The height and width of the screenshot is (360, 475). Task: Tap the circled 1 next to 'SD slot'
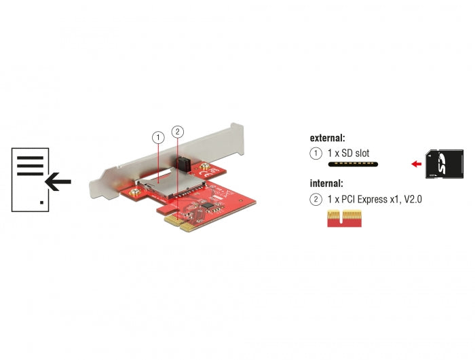coord(316,154)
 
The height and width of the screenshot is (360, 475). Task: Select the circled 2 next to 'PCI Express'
coord(316,199)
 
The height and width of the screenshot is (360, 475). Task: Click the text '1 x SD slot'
coord(349,154)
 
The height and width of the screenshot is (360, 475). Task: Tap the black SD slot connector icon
coord(353,164)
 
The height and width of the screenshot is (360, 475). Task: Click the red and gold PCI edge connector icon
coord(344,218)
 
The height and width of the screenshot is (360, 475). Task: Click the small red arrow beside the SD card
coord(416,164)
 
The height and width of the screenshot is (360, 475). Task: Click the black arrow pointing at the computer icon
coord(58,181)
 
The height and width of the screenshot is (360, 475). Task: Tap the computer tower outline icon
coord(30,179)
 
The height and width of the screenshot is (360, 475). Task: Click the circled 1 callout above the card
coord(158,137)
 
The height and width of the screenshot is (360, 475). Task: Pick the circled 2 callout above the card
coord(177,131)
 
